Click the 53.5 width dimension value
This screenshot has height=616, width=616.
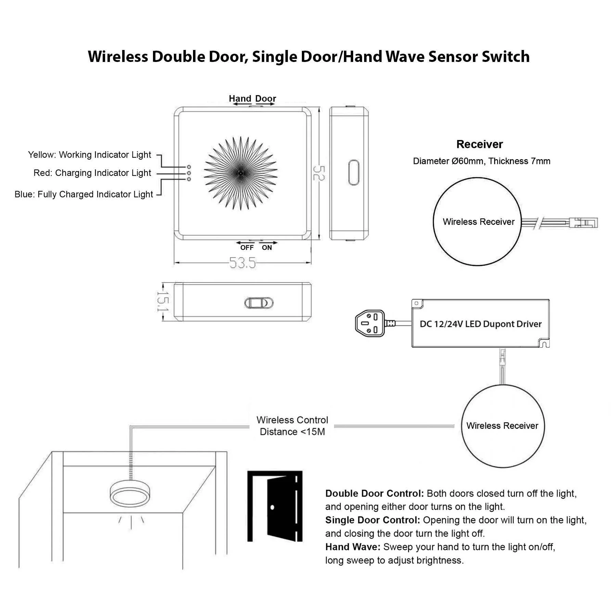click(x=242, y=263)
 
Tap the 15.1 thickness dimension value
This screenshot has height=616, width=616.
click(x=163, y=301)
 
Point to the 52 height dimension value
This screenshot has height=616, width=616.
click(x=319, y=173)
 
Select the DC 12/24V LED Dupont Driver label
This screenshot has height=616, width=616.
click(x=480, y=324)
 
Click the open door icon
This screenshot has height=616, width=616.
click(x=275, y=506)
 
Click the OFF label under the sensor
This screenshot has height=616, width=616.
click(x=247, y=248)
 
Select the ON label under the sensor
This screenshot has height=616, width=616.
click(x=267, y=248)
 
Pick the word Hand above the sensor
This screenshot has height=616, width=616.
click(x=240, y=99)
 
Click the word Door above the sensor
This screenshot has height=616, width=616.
click(x=266, y=99)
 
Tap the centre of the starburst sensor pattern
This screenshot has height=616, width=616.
click(x=241, y=173)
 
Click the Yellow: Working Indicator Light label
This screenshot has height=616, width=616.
click(x=89, y=155)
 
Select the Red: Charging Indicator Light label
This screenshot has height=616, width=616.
click(x=92, y=173)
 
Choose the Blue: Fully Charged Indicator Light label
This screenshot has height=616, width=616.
click(x=84, y=194)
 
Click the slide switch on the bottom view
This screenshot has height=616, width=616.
click(x=259, y=303)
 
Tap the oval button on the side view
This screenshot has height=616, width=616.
click(x=354, y=172)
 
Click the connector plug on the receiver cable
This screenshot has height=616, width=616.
click(x=583, y=223)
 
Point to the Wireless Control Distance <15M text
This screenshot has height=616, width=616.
click(x=292, y=426)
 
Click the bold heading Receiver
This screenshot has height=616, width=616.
click(x=479, y=144)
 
